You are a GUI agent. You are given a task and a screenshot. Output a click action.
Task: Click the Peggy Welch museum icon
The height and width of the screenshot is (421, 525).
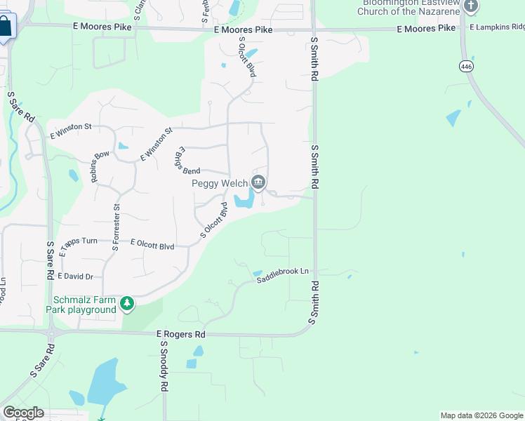tap(258, 183)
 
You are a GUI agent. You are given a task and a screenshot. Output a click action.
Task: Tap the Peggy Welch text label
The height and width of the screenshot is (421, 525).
tap(220, 184)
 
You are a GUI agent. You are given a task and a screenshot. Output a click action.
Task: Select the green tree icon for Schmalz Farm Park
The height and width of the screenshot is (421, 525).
tap(127, 304)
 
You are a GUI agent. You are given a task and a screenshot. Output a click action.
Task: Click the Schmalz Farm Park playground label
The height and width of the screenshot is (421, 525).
tap(81, 305)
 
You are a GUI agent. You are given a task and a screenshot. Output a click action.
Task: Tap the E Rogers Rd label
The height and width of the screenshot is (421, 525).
tap(181, 334)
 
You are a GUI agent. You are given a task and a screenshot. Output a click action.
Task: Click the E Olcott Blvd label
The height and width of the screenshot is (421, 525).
tap(152, 244)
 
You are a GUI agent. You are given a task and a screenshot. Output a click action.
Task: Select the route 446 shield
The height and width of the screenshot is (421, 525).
tap(466, 66)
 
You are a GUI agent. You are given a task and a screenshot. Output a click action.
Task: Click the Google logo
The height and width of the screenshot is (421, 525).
tap(23, 413)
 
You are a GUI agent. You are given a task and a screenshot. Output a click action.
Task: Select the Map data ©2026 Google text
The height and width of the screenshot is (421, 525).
tap(481, 415)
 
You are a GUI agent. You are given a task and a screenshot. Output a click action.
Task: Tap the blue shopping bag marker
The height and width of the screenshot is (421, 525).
tap(6, 27)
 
